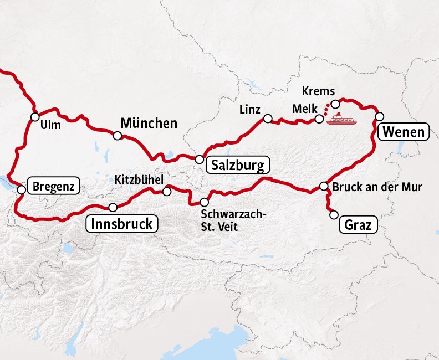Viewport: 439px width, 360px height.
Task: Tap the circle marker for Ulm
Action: (x=35, y=117)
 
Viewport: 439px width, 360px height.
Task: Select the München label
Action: (x=149, y=123)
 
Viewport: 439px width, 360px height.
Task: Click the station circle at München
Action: (x=118, y=136)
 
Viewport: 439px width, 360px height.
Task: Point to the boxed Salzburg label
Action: (x=237, y=165)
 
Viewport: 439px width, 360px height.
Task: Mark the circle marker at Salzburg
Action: (x=199, y=159)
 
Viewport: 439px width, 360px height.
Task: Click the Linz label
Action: (x=251, y=109)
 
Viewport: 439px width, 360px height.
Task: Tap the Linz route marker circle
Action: (x=268, y=119)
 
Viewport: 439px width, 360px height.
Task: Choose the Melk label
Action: (x=302, y=109)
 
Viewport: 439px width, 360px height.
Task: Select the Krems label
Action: (x=319, y=91)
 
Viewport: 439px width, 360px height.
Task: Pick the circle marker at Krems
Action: (x=335, y=104)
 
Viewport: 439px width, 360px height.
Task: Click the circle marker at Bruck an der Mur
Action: (x=324, y=186)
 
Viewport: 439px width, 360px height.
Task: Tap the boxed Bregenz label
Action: (x=53, y=186)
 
